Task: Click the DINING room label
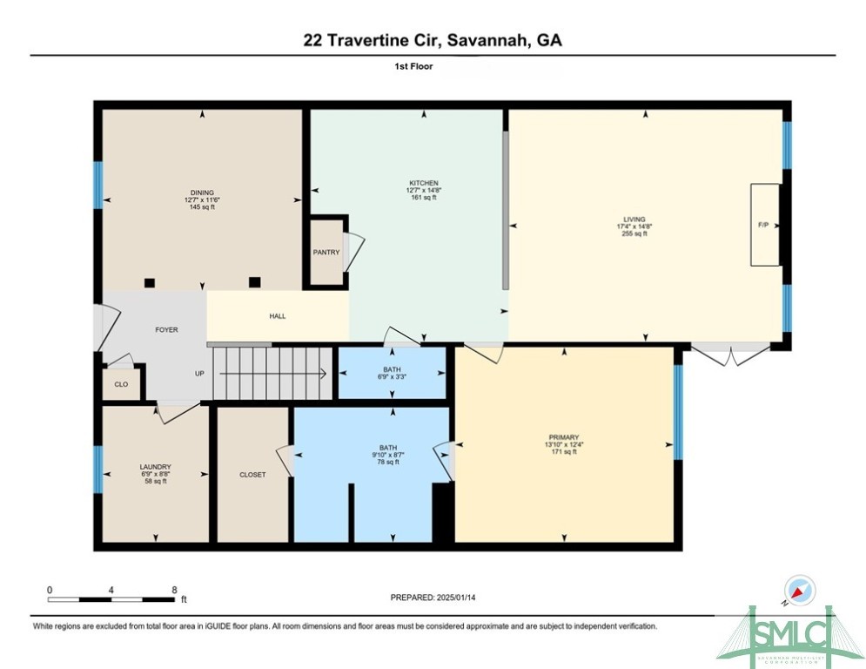tap(202, 193)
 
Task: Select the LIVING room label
tap(634, 220)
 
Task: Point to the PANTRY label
tap(326, 253)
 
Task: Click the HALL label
tap(277, 316)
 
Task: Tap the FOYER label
tap(166, 330)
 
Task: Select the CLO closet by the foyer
tap(121, 384)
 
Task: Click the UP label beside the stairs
tap(199, 374)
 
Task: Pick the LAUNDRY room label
tap(155, 467)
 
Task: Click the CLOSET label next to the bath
tap(252, 475)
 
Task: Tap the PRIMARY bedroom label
tap(564, 437)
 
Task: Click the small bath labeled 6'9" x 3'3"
tap(393, 372)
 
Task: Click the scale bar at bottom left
tap(111, 598)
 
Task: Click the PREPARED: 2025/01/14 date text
tap(433, 598)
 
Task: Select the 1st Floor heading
tap(433, 66)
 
